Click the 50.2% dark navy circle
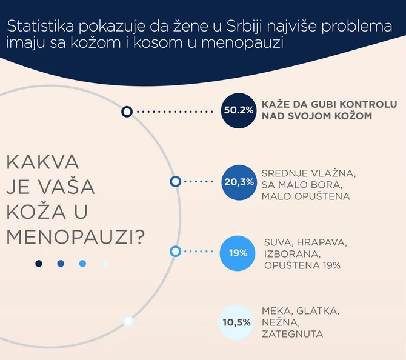[x=238, y=111]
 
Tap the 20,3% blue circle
[x=238, y=182]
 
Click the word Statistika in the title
[x=39, y=28]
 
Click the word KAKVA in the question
[x=44, y=163]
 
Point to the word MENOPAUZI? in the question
[x=76, y=235]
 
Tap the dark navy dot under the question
[x=39, y=263]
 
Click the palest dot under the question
[x=104, y=263]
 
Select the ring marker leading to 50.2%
[x=127, y=112]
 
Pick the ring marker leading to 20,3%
[x=175, y=181]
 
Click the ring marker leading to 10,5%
[x=128, y=322]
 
